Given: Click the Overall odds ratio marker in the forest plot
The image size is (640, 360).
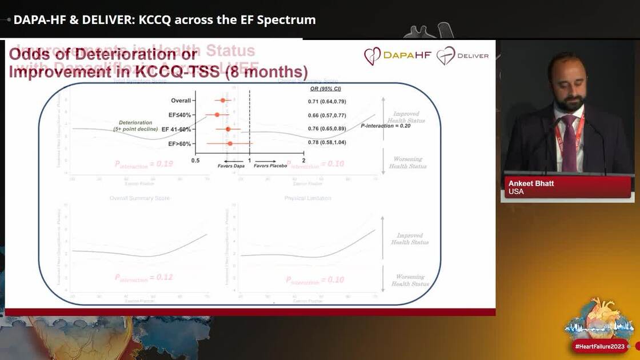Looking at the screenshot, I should pyautogui.click(x=223, y=101).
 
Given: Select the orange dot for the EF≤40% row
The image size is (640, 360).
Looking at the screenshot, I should pyautogui.click(x=217, y=115).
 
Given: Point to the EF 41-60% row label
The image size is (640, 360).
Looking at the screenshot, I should pyautogui.click(x=177, y=130).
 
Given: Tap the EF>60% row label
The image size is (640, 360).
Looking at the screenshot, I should pyautogui.click(x=179, y=144).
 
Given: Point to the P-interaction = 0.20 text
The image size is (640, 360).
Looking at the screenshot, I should pyautogui.click(x=385, y=125).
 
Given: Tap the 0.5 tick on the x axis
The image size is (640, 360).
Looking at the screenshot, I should pyautogui.click(x=195, y=161).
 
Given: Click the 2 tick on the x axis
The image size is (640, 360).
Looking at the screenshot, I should pyautogui.click(x=303, y=161).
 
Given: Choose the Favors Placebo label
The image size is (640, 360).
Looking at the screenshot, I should pyautogui.click(x=270, y=165).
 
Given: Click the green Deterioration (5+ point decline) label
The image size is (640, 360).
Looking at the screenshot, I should pyautogui.click(x=136, y=126).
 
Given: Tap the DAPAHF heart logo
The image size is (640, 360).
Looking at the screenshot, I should pyautogui.click(x=373, y=56).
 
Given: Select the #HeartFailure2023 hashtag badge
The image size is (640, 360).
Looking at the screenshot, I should pyautogui.click(x=600, y=346).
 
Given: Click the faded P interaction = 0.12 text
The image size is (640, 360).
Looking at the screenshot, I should pyautogui.click(x=143, y=278).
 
